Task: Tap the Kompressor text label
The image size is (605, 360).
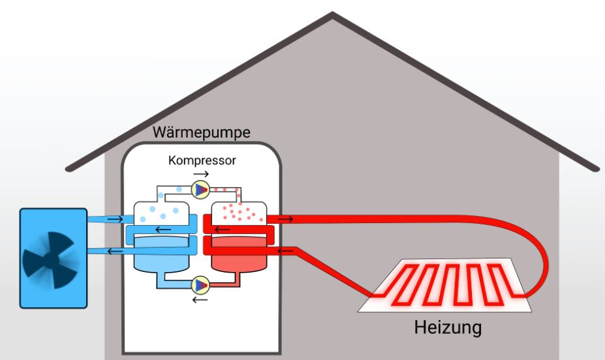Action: coord(202,160)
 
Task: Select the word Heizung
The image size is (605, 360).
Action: coord(448,327)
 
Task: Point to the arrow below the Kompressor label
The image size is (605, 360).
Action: coord(202,175)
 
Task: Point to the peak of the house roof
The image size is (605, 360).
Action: coord(333,14)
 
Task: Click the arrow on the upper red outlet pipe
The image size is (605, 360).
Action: coord(285,220)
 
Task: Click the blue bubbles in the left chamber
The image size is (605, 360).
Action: coord(161,210)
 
